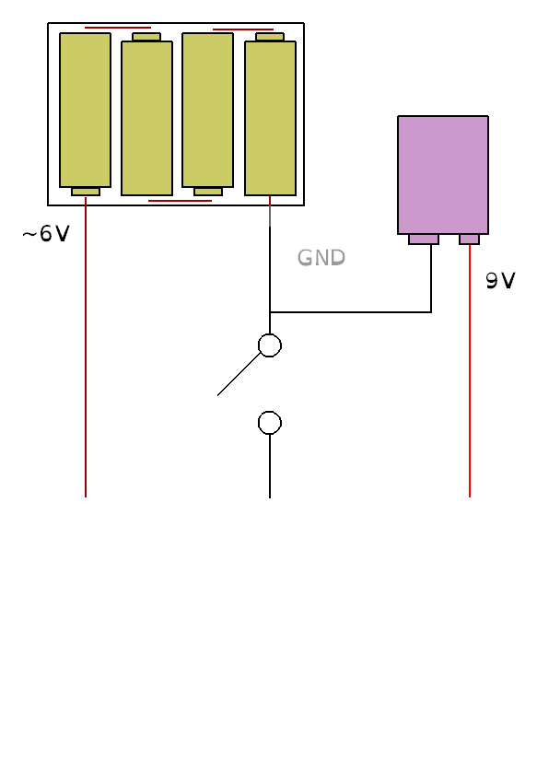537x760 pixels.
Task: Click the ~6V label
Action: coord(46,234)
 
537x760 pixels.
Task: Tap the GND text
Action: coord(321,257)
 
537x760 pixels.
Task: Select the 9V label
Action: coord(500,281)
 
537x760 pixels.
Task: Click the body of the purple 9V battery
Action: coord(443,175)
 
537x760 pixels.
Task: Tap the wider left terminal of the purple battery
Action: coord(424,239)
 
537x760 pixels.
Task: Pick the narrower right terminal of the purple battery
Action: coord(469,239)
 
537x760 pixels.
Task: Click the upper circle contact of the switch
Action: coord(270,345)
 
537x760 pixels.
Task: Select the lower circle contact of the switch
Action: coord(270,423)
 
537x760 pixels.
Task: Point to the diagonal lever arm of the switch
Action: coord(239,374)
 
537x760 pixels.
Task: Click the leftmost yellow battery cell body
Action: coord(86,110)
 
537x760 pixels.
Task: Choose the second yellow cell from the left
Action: coord(146,118)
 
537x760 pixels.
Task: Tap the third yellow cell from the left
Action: coord(208,110)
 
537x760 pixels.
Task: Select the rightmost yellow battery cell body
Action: coord(271,118)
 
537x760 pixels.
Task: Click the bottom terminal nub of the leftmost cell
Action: coord(86,192)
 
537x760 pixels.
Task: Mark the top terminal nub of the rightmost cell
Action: coord(270,37)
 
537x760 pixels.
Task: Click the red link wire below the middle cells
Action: coord(180,201)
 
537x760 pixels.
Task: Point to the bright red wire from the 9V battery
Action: coord(470,371)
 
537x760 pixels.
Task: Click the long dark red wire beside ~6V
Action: coord(86,347)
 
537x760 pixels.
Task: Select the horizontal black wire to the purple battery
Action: coord(350,312)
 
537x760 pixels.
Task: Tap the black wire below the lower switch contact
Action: coord(270,466)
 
